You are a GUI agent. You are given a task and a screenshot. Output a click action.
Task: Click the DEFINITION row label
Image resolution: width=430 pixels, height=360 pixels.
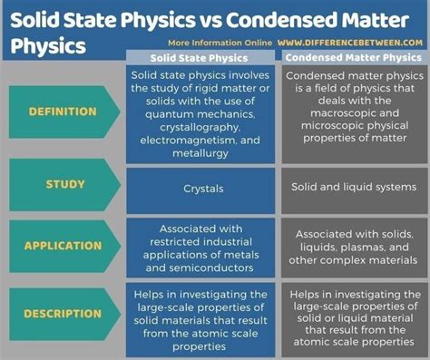click(64, 112)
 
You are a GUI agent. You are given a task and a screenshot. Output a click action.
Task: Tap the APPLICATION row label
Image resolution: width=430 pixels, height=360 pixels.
click(64, 245)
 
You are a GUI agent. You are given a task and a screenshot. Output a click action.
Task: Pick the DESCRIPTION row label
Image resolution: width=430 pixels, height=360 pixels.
click(64, 314)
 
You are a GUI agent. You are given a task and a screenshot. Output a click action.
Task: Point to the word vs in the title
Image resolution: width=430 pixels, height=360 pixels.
click(188, 16)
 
